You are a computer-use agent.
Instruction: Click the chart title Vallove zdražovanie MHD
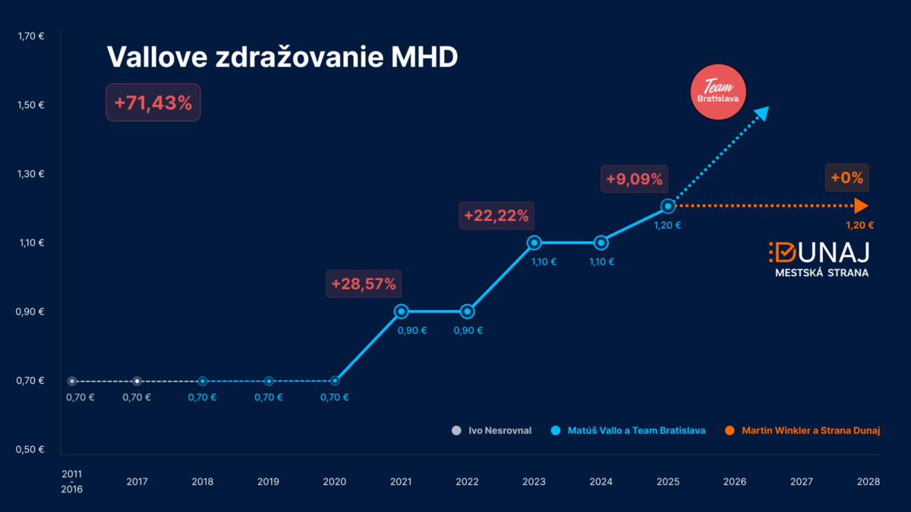tap(282, 58)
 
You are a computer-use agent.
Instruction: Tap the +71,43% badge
tap(153, 102)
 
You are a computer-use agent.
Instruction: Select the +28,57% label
tap(364, 284)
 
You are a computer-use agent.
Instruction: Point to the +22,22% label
tap(496, 215)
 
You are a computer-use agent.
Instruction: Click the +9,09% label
tap(634, 180)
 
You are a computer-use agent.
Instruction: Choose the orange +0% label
tap(846, 178)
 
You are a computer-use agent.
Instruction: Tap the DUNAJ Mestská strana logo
tap(820, 259)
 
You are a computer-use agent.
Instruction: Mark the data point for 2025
tap(667, 206)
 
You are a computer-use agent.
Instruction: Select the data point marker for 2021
tap(402, 311)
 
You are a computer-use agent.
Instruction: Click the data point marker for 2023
tap(534, 243)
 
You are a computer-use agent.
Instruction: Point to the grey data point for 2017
tap(137, 381)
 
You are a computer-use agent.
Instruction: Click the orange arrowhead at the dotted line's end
tap(861, 206)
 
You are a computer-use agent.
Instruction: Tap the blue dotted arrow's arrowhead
tap(762, 113)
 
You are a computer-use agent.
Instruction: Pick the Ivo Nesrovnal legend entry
tap(491, 431)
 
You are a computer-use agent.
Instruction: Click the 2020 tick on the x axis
tap(335, 482)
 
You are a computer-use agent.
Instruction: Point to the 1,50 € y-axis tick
tap(31, 105)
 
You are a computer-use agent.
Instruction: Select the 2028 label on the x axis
tap(868, 482)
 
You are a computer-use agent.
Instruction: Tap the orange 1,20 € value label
tap(860, 225)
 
